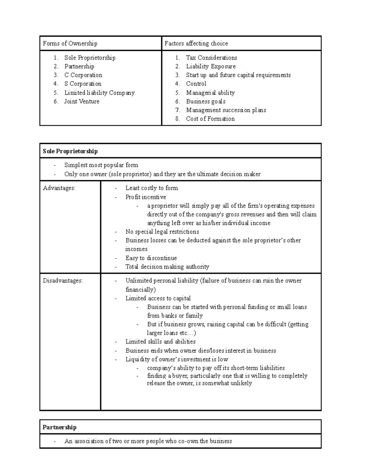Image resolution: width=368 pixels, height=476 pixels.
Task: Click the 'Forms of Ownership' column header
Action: (x=70, y=44)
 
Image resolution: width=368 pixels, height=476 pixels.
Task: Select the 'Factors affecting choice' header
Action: (x=196, y=44)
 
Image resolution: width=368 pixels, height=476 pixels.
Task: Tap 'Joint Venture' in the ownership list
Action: (x=82, y=101)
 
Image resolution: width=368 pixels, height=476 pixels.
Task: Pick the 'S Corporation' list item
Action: (x=83, y=84)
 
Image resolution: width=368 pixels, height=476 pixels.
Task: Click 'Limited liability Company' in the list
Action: (x=99, y=93)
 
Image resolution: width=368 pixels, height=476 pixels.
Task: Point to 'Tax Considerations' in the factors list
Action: (x=211, y=58)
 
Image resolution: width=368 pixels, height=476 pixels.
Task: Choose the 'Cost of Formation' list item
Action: (x=210, y=119)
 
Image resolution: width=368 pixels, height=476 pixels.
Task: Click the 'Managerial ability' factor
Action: (x=210, y=93)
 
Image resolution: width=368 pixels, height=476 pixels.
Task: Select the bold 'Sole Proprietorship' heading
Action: (x=70, y=151)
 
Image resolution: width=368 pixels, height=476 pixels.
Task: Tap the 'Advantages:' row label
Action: (x=59, y=188)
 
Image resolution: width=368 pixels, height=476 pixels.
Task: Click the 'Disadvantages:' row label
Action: (x=63, y=280)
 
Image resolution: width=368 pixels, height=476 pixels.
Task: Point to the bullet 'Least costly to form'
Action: (x=151, y=188)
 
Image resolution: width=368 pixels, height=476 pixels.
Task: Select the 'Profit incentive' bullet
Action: (x=146, y=197)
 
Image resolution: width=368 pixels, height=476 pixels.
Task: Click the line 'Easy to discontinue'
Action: (x=151, y=258)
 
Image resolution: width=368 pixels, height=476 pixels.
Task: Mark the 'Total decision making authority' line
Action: (x=167, y=267)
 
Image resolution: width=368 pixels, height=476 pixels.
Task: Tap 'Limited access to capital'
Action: (x=158, y=298)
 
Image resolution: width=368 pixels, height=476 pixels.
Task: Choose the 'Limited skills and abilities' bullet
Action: (x=160, y=341)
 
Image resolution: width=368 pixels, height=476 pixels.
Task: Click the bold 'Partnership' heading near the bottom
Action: (x=59, y=427)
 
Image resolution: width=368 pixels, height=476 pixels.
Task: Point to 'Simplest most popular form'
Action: (x=101, y=165)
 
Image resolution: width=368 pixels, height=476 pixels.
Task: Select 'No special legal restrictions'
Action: (x=162, y=232)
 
